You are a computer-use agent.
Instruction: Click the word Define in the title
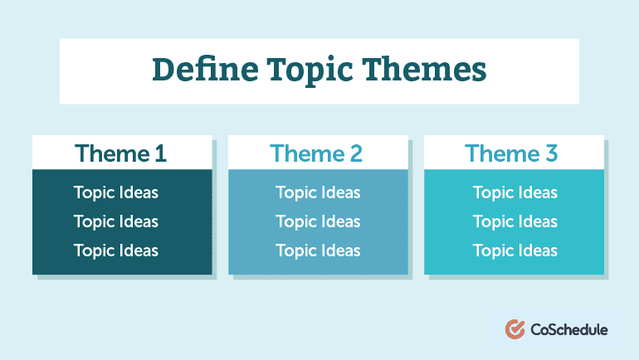[205, 70]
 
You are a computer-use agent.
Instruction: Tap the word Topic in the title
[310, 71]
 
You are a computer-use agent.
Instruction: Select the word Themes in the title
[424, 70]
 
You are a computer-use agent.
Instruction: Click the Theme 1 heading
[120, 153]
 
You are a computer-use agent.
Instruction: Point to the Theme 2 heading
[316, 153]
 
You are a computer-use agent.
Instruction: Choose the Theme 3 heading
[511, 153]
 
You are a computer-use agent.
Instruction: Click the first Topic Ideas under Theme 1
[115, 193]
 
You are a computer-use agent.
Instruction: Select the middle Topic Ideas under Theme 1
[115, 222]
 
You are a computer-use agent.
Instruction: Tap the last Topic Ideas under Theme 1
[115, 251]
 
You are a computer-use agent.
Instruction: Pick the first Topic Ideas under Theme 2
[318, 193]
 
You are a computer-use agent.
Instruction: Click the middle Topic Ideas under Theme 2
[318, 222]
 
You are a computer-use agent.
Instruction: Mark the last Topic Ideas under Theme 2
[318, 251]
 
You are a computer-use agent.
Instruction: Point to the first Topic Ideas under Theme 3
[515, 193]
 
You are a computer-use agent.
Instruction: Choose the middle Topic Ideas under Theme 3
[515, 222]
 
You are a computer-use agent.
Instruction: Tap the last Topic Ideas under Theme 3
[515, 251]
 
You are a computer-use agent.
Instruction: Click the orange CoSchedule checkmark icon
[515, 329]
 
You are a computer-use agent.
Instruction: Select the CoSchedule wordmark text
[569, 329]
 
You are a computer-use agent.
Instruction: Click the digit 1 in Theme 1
[161, 153]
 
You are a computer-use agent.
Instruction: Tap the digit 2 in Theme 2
[356, 153]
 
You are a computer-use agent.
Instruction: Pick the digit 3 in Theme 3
[551, 153]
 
